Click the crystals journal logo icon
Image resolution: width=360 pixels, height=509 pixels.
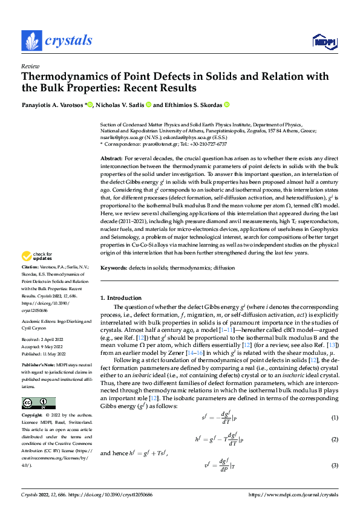pos(31,41)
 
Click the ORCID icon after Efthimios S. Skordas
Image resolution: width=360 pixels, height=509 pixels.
pos(227,105)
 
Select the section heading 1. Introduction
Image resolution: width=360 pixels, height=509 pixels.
pos(120,297)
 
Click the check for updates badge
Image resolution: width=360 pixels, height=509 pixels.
pos(38,256)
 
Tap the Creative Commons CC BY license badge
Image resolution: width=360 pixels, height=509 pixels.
pos(38,403)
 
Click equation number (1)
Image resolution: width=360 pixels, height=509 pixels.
pos(334,418)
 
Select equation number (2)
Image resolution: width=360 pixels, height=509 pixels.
pos(334,439)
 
